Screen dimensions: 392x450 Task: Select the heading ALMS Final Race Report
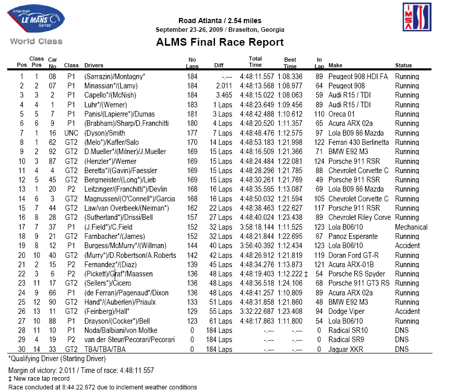220,42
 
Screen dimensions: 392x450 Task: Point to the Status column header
403,66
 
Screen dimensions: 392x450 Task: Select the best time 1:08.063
290,95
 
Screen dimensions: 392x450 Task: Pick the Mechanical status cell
411,227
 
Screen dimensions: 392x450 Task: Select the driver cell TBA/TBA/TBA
105,349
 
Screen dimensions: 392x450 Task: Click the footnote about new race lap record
39,379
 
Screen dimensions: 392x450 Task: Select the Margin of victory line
81,370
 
